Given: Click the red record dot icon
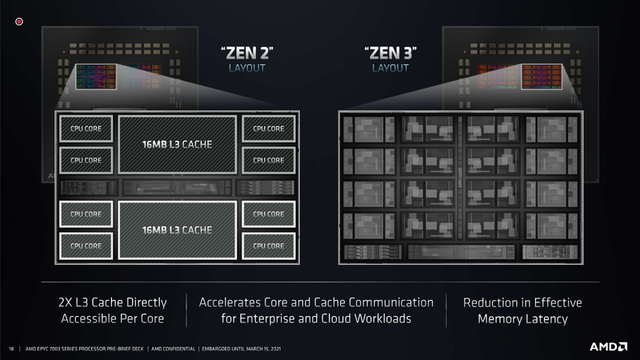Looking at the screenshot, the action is [19, 22].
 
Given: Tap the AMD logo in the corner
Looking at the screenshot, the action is [608, 346].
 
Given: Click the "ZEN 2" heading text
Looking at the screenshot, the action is [247, 53].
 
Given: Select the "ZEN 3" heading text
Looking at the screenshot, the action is [390, 53].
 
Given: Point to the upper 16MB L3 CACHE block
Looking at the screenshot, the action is [177, 145].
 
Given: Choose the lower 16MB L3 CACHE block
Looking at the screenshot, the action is [177, 230].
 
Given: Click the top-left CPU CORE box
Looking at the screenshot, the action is [86, 129].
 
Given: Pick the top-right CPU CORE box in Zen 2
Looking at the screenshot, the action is [269, 129].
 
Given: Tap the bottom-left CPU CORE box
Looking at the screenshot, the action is [86, 246].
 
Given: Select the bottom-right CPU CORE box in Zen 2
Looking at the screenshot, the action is [269, 246].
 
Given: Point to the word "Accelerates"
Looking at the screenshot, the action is [230, 302].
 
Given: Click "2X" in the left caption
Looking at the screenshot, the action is [66, 302].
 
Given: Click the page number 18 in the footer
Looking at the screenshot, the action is [11, 349].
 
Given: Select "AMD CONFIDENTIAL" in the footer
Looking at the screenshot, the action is [173, 349].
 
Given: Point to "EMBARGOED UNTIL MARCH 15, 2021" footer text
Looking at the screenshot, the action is [242, 349].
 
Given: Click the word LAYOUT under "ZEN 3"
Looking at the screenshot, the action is [390, 68].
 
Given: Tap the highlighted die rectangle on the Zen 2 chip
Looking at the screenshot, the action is [96, 77].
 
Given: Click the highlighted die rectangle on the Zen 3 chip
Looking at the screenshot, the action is [542, 77].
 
